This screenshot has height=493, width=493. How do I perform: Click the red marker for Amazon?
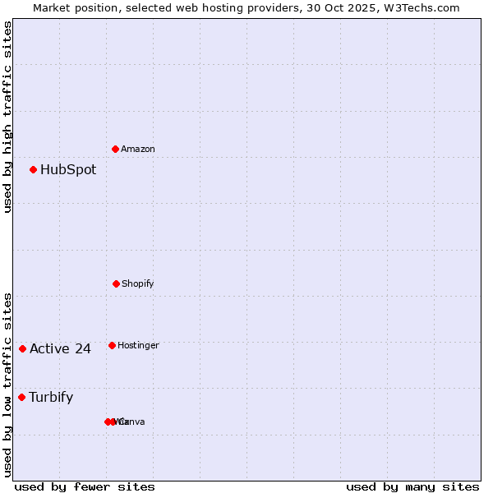pyautogui.click(x=116, y=149)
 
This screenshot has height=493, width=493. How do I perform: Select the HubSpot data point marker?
pyautogui.click(x=34, y=170)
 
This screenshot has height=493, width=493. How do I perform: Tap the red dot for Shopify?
pyautogui.click(x=116, y=283)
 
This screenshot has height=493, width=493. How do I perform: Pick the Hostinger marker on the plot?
pyautogui.click(x=112, y=345)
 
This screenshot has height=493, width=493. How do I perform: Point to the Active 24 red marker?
pyautogui.click(x=22, y=348)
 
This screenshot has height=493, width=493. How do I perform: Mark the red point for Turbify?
pyautogui.click(x=21, y=397)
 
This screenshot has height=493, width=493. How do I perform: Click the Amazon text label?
pyautogui.click(x=137, y=150)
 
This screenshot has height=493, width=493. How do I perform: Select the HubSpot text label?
pyautogui.click(x=68, y=170)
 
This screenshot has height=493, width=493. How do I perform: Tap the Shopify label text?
pyautogui.click(x=137, y=284)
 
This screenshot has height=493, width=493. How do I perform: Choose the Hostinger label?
pyautogui.click(x=138, y=346)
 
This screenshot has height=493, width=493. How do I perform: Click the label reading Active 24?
pyautogui.click(x=60, y=349)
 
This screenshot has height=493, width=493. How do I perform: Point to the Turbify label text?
pyautogui.click(x=51, y=398)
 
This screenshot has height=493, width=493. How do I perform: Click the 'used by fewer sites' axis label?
pyautogui.click(x=85, y=486)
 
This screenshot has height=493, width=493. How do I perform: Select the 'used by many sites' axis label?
pyautogui.click(x=412, y=486)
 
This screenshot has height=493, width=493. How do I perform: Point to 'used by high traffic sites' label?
pyautogui.click(x=7, y=117)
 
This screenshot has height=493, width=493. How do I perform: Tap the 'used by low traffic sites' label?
pyautogui.click(x=7, y=385)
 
